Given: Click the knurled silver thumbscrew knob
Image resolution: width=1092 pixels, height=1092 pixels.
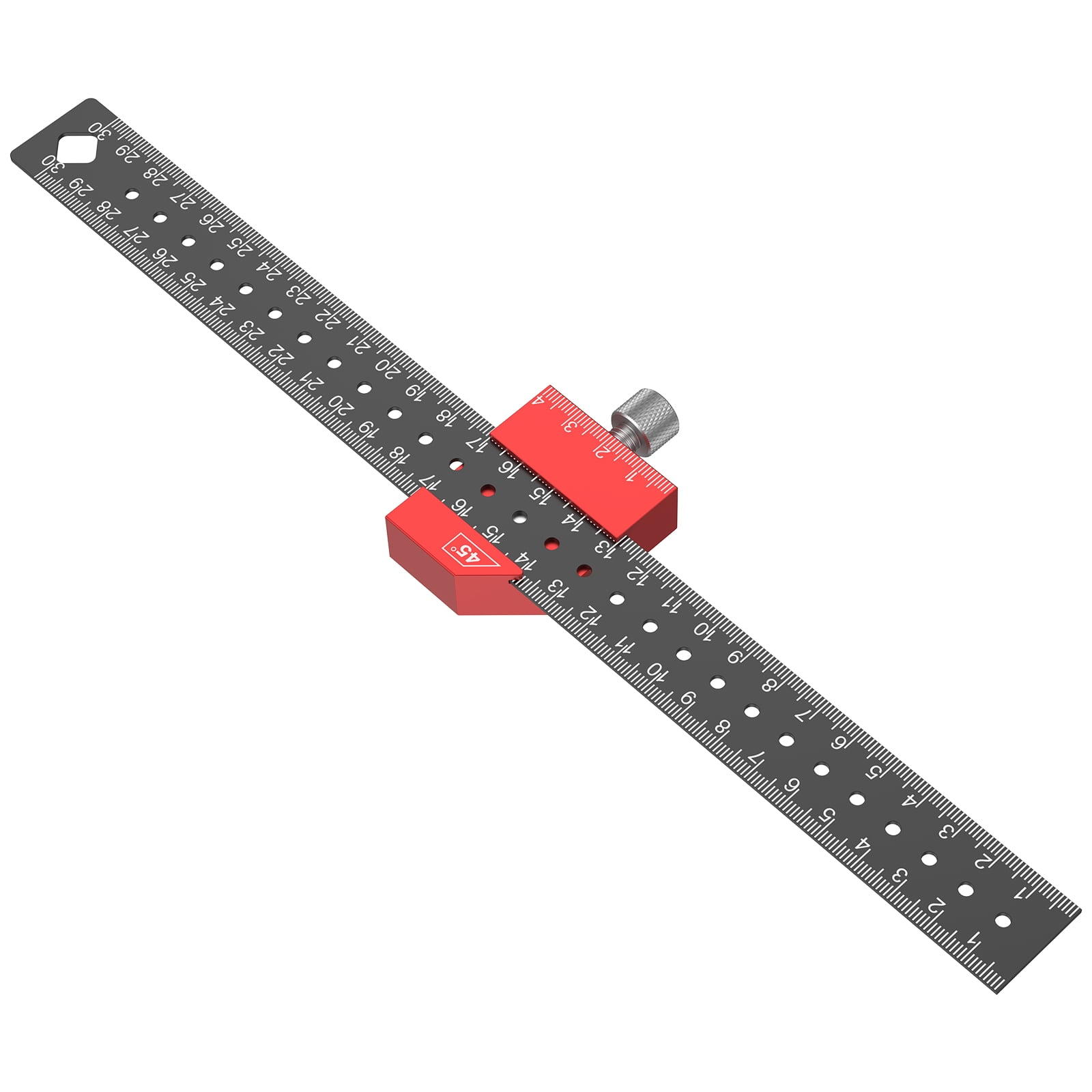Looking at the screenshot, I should (646, 412).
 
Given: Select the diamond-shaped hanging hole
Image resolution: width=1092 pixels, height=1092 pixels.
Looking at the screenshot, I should (76, 148).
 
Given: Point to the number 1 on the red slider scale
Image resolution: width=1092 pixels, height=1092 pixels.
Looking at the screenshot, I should (629, 475).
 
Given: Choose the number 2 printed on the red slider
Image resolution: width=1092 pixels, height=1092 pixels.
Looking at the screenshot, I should (600, 450).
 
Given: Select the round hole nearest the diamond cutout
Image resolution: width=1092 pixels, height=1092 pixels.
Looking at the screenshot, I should (132, 195).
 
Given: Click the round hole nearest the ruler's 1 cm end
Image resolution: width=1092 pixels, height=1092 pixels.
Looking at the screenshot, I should (1003, 921).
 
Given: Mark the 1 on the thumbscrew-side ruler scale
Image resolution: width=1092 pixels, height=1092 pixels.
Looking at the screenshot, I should (1020, 892).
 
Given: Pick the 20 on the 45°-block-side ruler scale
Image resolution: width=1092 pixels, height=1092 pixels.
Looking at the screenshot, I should (340, 403).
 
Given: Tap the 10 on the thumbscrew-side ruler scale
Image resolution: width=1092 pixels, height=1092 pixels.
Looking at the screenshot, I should (703, 629).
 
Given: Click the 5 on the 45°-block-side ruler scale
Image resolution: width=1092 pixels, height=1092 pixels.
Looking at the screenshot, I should (827, 815).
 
